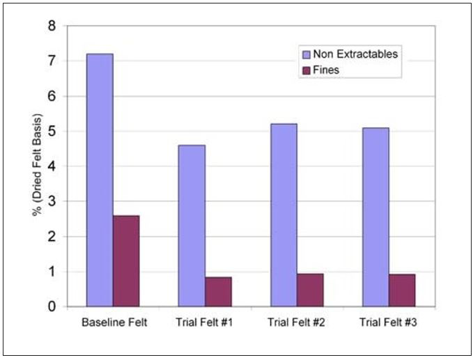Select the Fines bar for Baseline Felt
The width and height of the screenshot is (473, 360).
point(126,261)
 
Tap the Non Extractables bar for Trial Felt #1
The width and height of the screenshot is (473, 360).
point(192,226)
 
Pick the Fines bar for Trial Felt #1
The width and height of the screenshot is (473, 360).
point(218,292)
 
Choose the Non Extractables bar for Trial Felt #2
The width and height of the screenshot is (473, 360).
point(284,215)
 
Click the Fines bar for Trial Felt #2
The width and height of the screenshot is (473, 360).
point(310,290)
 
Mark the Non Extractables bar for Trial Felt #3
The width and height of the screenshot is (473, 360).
point(375,217)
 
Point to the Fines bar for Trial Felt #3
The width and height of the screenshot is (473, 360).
point(402,290)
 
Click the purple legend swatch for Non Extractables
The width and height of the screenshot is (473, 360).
point(306,54)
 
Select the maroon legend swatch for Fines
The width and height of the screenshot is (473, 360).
point(306,70)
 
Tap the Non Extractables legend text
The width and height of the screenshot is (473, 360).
point(355,54)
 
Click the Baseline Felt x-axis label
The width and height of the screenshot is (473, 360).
point(113,322)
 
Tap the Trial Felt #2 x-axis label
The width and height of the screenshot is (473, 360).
point(297,322)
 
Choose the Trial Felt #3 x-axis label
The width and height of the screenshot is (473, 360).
point(389,322)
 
